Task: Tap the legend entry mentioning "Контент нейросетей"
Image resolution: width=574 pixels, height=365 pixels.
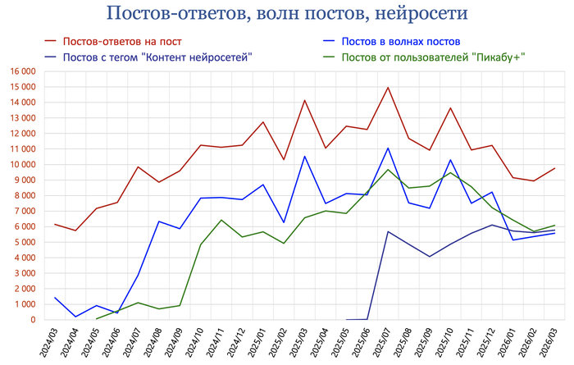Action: pos(157,57)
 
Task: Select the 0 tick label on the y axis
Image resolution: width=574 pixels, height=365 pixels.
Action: pos(32,320)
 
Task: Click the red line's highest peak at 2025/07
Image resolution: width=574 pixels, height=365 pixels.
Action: pos(388,88)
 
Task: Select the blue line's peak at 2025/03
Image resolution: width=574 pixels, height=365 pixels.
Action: pos(304,157)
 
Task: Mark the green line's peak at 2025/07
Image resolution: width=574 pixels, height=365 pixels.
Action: pos(388,170)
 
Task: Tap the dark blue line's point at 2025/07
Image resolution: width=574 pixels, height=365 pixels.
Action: pos(388,231)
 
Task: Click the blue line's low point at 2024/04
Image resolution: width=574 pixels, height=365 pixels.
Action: pos(76,317)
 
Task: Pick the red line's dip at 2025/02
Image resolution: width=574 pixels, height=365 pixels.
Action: pos(284,159)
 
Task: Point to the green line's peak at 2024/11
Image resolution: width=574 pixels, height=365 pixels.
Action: pos(221,220)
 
